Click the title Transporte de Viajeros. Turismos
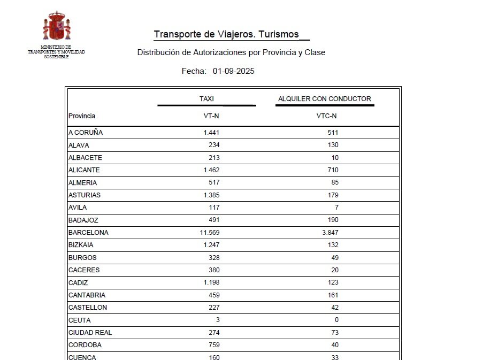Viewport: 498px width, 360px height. [x=226, y=34]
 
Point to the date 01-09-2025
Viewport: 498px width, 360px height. [x=233, y=71]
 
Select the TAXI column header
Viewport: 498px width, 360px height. [x=206, y=99]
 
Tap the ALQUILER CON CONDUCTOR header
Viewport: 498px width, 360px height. [x=324, y=99]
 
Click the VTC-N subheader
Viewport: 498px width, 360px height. [x=326, y=116]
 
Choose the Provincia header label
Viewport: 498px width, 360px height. [x=82, y=116]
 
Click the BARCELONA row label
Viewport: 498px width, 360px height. [x=88, y=233]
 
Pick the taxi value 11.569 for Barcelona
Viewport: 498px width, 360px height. [x=209, y=233]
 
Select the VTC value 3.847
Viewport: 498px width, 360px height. [x=327, y=233]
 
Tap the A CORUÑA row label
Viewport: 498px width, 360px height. [x=86, y=133]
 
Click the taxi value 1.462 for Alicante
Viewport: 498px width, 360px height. [x=211, y=170]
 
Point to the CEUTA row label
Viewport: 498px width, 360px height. [x=80, y=320]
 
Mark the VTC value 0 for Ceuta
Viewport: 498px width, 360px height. [x=336, y=320]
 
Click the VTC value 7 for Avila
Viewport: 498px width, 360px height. [x=336, y=208]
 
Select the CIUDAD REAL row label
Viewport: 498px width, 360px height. [x=90, y=333]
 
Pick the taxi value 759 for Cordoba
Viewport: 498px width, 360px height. [x=214, y=345]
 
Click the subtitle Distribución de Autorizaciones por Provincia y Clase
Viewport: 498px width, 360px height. [x=231, y=52]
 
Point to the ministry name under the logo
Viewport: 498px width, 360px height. [x=56, y=52]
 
